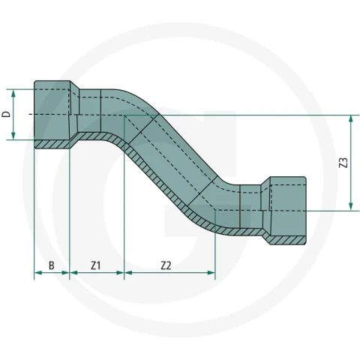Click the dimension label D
click(7, 114)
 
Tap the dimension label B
click(52, 265)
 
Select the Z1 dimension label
click(96, 265)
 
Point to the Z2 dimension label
click(166, 265)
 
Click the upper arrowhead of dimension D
click(13, 93)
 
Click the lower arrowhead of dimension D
click(13, 136)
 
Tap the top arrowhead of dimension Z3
click(351, 119)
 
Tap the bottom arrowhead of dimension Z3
click(351, 206)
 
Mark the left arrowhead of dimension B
click(38, 272)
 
